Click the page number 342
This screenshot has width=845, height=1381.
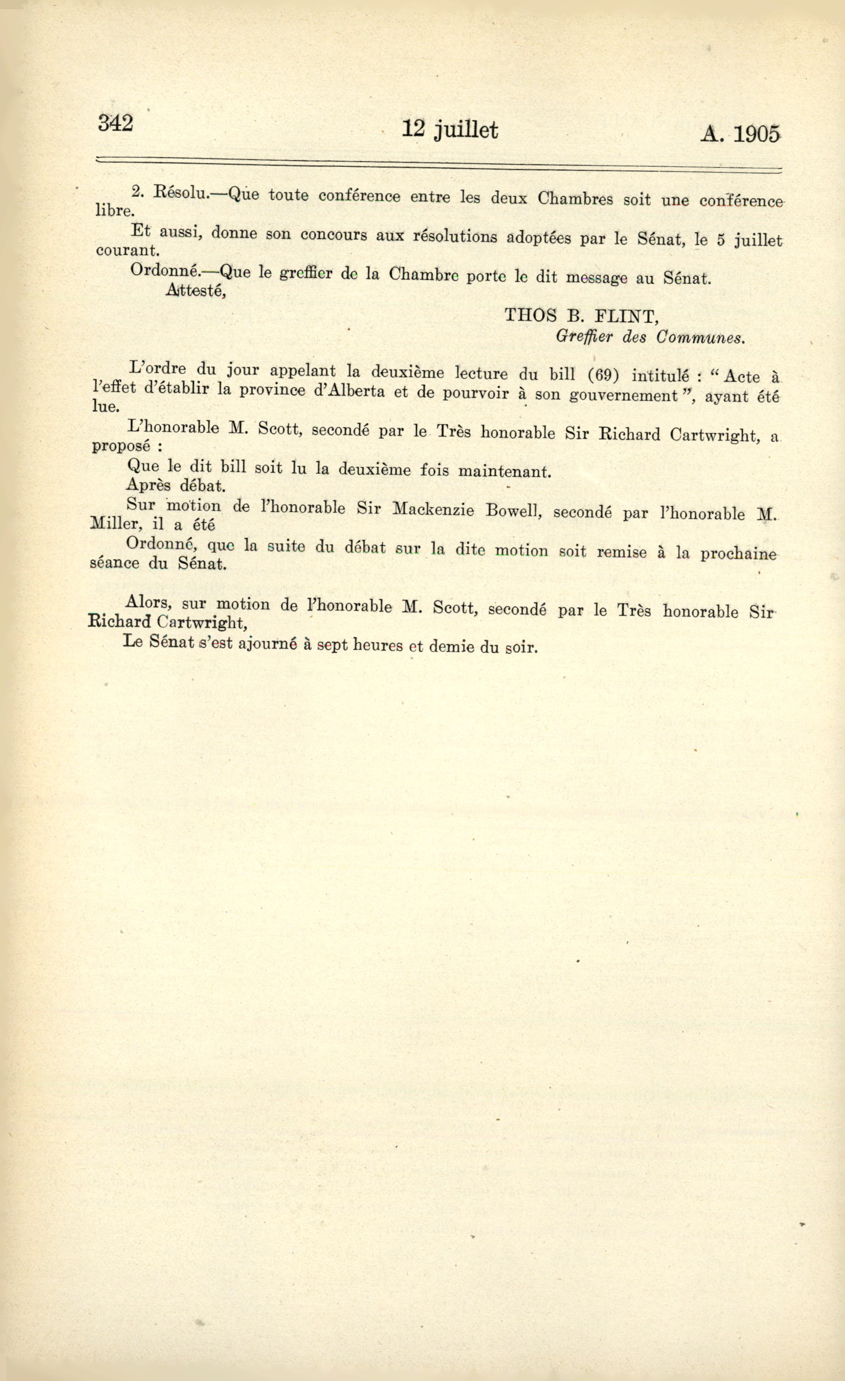point(116,123)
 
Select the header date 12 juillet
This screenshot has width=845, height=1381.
point(450,129)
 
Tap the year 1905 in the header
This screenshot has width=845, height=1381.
point(756,135)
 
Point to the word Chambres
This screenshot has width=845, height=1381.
point(575,198)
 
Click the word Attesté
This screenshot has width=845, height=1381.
point(196,290)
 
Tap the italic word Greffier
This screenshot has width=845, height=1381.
point(584,336)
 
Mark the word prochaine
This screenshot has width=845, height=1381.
point(738,554)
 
